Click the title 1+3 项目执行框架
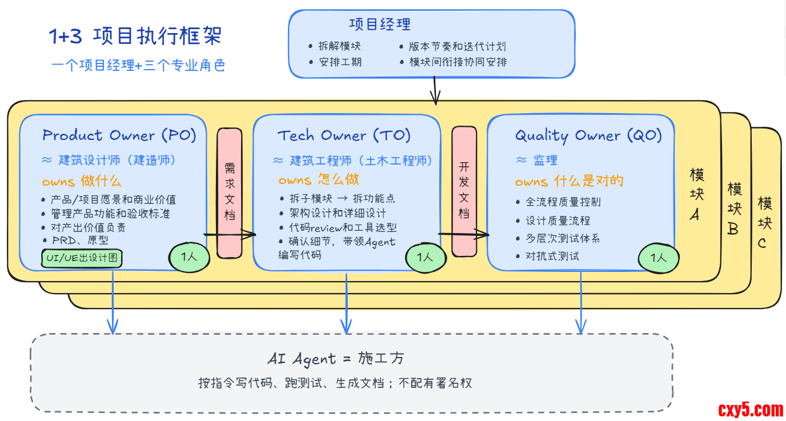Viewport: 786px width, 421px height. tap(135, 37)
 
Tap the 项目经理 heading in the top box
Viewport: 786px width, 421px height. tap(380, 24)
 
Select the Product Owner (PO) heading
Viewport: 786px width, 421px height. tap(119, 135)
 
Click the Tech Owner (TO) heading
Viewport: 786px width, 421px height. tap(344, 135)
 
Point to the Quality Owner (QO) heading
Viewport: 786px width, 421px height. tap(588, 135)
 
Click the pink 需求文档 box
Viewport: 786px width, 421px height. tap(230, 192)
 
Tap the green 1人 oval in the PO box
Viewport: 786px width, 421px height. tap(189, 256)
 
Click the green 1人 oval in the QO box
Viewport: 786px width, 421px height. tap(658, 258)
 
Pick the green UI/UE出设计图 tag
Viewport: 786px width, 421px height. tap(82, 258)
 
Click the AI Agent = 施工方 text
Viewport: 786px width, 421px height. tap(336, 359)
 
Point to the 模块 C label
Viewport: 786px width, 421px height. tap(764, 223)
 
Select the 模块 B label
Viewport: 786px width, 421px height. tap(735, 209)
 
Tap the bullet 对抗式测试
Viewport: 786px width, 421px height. tap(552, 256)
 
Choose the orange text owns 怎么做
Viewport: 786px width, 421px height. tap(319, 179)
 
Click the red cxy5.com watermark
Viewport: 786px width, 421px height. tap(751, 409)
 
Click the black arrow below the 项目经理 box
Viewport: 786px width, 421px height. tap(435, 91)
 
